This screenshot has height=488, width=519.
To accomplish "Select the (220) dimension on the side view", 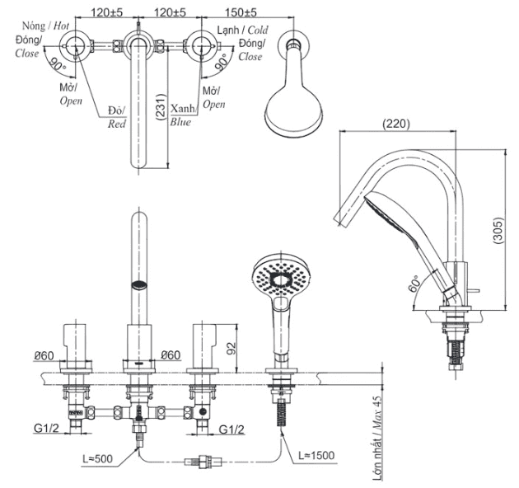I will pos(396,124).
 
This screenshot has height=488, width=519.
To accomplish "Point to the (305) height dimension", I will pos(498,233).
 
